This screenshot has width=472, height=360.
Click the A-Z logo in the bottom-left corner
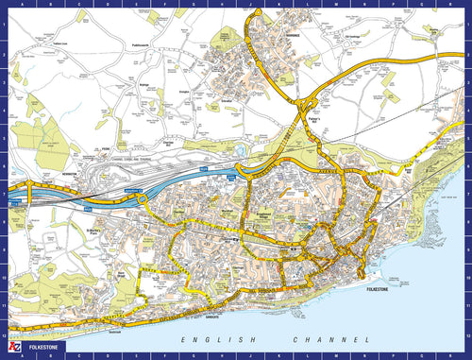[12, 350]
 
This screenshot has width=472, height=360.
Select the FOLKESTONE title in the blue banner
[43, 350]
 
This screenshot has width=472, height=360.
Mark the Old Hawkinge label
[354, 39]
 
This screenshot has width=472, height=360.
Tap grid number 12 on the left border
[4, 333]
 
